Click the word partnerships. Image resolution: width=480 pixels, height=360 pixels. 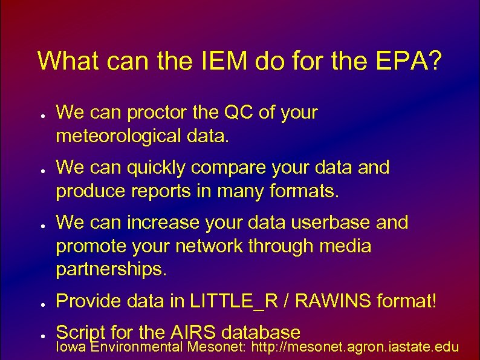111,270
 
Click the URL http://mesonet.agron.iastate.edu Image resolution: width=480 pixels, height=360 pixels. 355,347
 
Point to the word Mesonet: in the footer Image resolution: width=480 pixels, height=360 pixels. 216,347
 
